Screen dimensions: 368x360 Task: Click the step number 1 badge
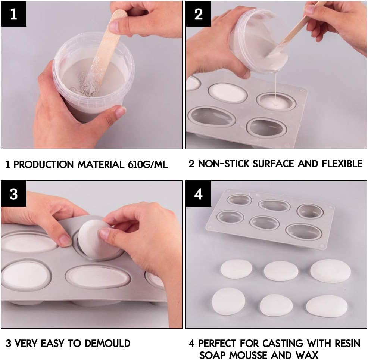click(x=13, y=14)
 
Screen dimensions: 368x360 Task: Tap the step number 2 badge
click(x=198, y=14)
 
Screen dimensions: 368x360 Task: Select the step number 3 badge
click(x=13, y=194)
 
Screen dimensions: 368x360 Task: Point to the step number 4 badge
click(x=198, y=194)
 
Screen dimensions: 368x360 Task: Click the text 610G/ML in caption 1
click(x=148, y=164)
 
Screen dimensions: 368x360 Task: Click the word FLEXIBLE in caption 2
click(x=342, y=164)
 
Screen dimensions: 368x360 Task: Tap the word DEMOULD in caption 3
click(x=107, y=343)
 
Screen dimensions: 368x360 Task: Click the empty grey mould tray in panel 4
click(x=270, y=218)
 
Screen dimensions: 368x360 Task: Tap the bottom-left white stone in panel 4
click(x=228, y=301)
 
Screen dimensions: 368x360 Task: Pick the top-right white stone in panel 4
click(x=330, y=271)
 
